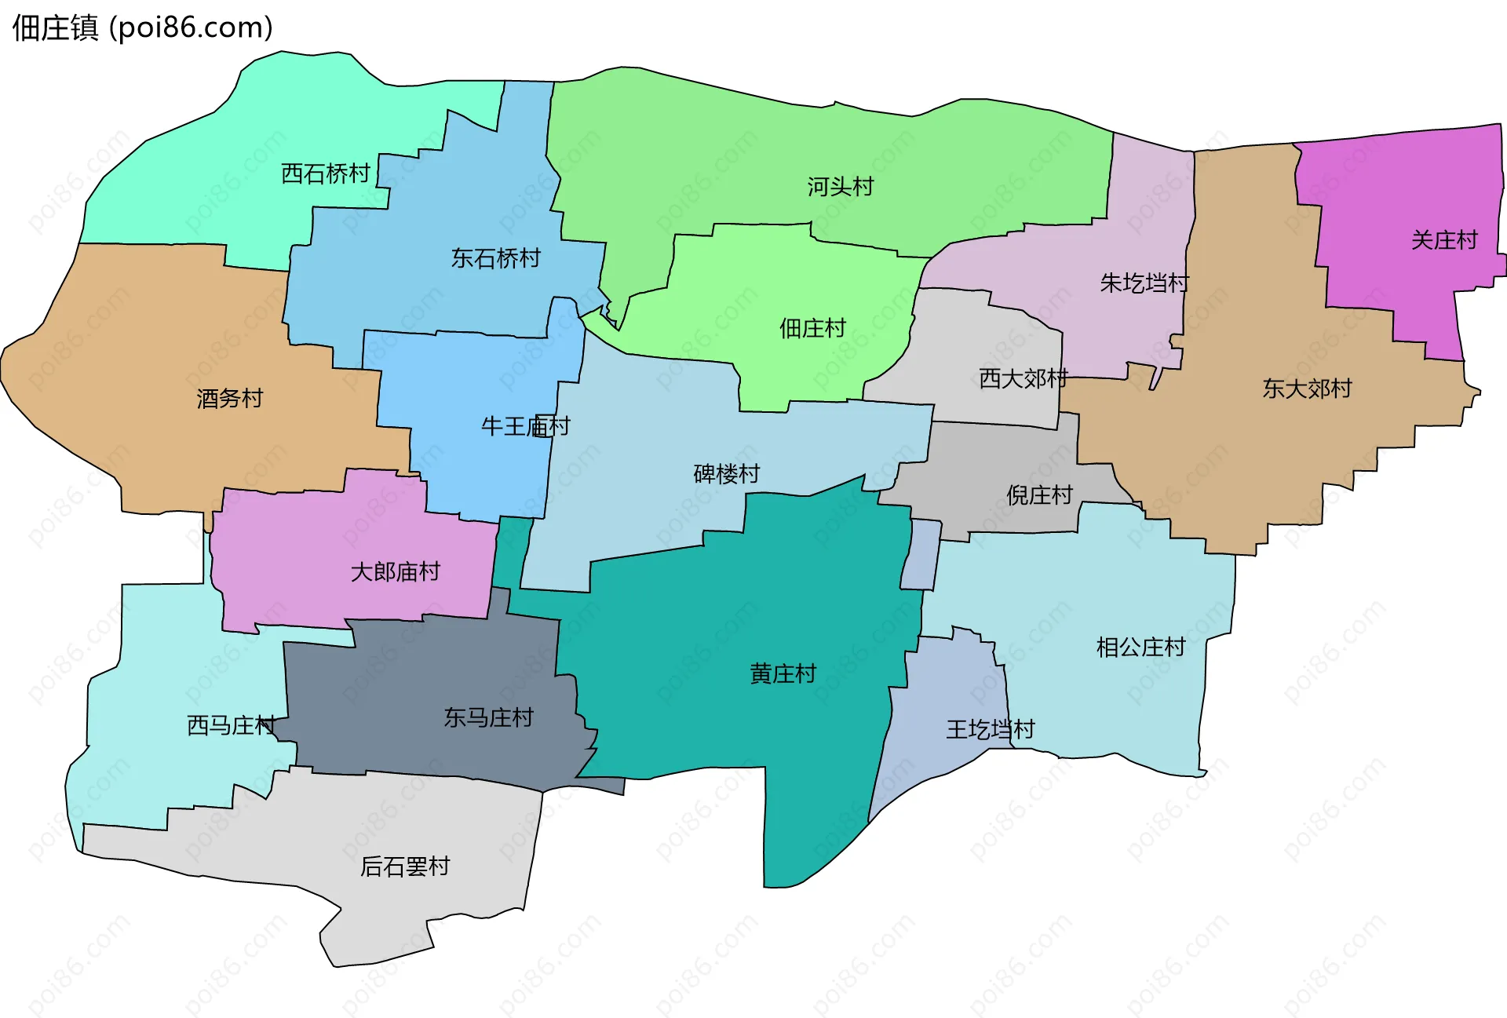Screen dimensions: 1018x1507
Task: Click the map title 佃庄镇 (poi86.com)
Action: (x=142, y=27)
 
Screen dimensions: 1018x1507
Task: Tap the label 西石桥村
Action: (x=326, y=173)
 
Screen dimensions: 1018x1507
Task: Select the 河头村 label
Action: (x=841, y=187)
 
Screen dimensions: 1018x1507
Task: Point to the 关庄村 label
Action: (x=1444, y=240)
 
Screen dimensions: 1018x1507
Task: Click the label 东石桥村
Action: (x=495, y=258)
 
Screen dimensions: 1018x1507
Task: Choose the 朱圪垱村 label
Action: (x=1144, y=283)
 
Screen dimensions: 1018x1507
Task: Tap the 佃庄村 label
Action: (x=812, y=328)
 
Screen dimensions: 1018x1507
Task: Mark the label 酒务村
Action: (x=229, y=399)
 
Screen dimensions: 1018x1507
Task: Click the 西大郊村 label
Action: (x=1024, y=379)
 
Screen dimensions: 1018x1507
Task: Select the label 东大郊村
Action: (x=1307, y=389)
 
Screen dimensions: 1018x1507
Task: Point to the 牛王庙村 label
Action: (x=525, y=426)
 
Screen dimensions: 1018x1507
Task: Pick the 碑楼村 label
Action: (x=726, y=474)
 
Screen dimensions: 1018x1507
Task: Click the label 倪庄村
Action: (x=1039, y=495)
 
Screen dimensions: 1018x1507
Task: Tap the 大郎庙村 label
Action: (x=395, y=572)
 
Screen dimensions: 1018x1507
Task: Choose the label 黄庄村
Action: (x=783, y=673)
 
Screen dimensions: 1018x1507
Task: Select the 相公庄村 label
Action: (x=1140, y=648)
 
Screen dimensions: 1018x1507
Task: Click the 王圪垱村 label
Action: (x=991, y=730)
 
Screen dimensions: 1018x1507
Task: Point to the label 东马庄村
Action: (x=488, y=717)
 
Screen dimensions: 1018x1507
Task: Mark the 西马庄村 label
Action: (x=231, y=725)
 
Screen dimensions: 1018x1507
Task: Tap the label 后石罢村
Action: (x=405, y=867)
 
